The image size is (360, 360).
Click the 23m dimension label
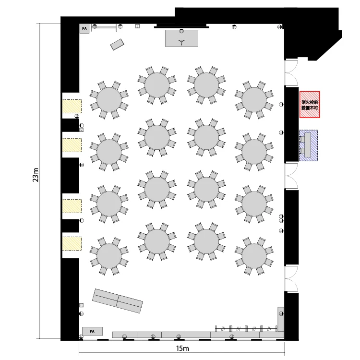pos(36,175)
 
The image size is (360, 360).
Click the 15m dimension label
pos(182,348)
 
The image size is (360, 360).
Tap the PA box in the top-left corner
pos(84,29)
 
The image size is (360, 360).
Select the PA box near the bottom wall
pos(92,331)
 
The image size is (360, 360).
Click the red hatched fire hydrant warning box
pos(310,105)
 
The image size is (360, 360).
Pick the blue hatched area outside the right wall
pos(308,145)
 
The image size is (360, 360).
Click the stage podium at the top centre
pos(181,38)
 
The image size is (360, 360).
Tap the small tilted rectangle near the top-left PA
pos(117,45)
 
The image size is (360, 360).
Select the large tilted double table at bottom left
pos(118,301)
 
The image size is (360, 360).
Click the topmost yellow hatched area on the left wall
pos(72,106)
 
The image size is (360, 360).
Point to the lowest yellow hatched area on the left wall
pos(72,243)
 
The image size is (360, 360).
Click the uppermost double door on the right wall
pos(291,73)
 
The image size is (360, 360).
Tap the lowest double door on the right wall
pos(291,279)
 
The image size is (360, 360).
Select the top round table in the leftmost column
pos(109,100)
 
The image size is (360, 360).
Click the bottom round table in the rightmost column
pos(254,256)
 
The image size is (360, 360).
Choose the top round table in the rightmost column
pos(254,100)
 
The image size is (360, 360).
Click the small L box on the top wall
pos(137,26)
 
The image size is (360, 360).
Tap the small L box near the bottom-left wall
pos(81,305)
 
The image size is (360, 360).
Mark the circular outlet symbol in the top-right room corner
pos(279,27)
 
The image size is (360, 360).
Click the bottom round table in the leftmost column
pos(109,256)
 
